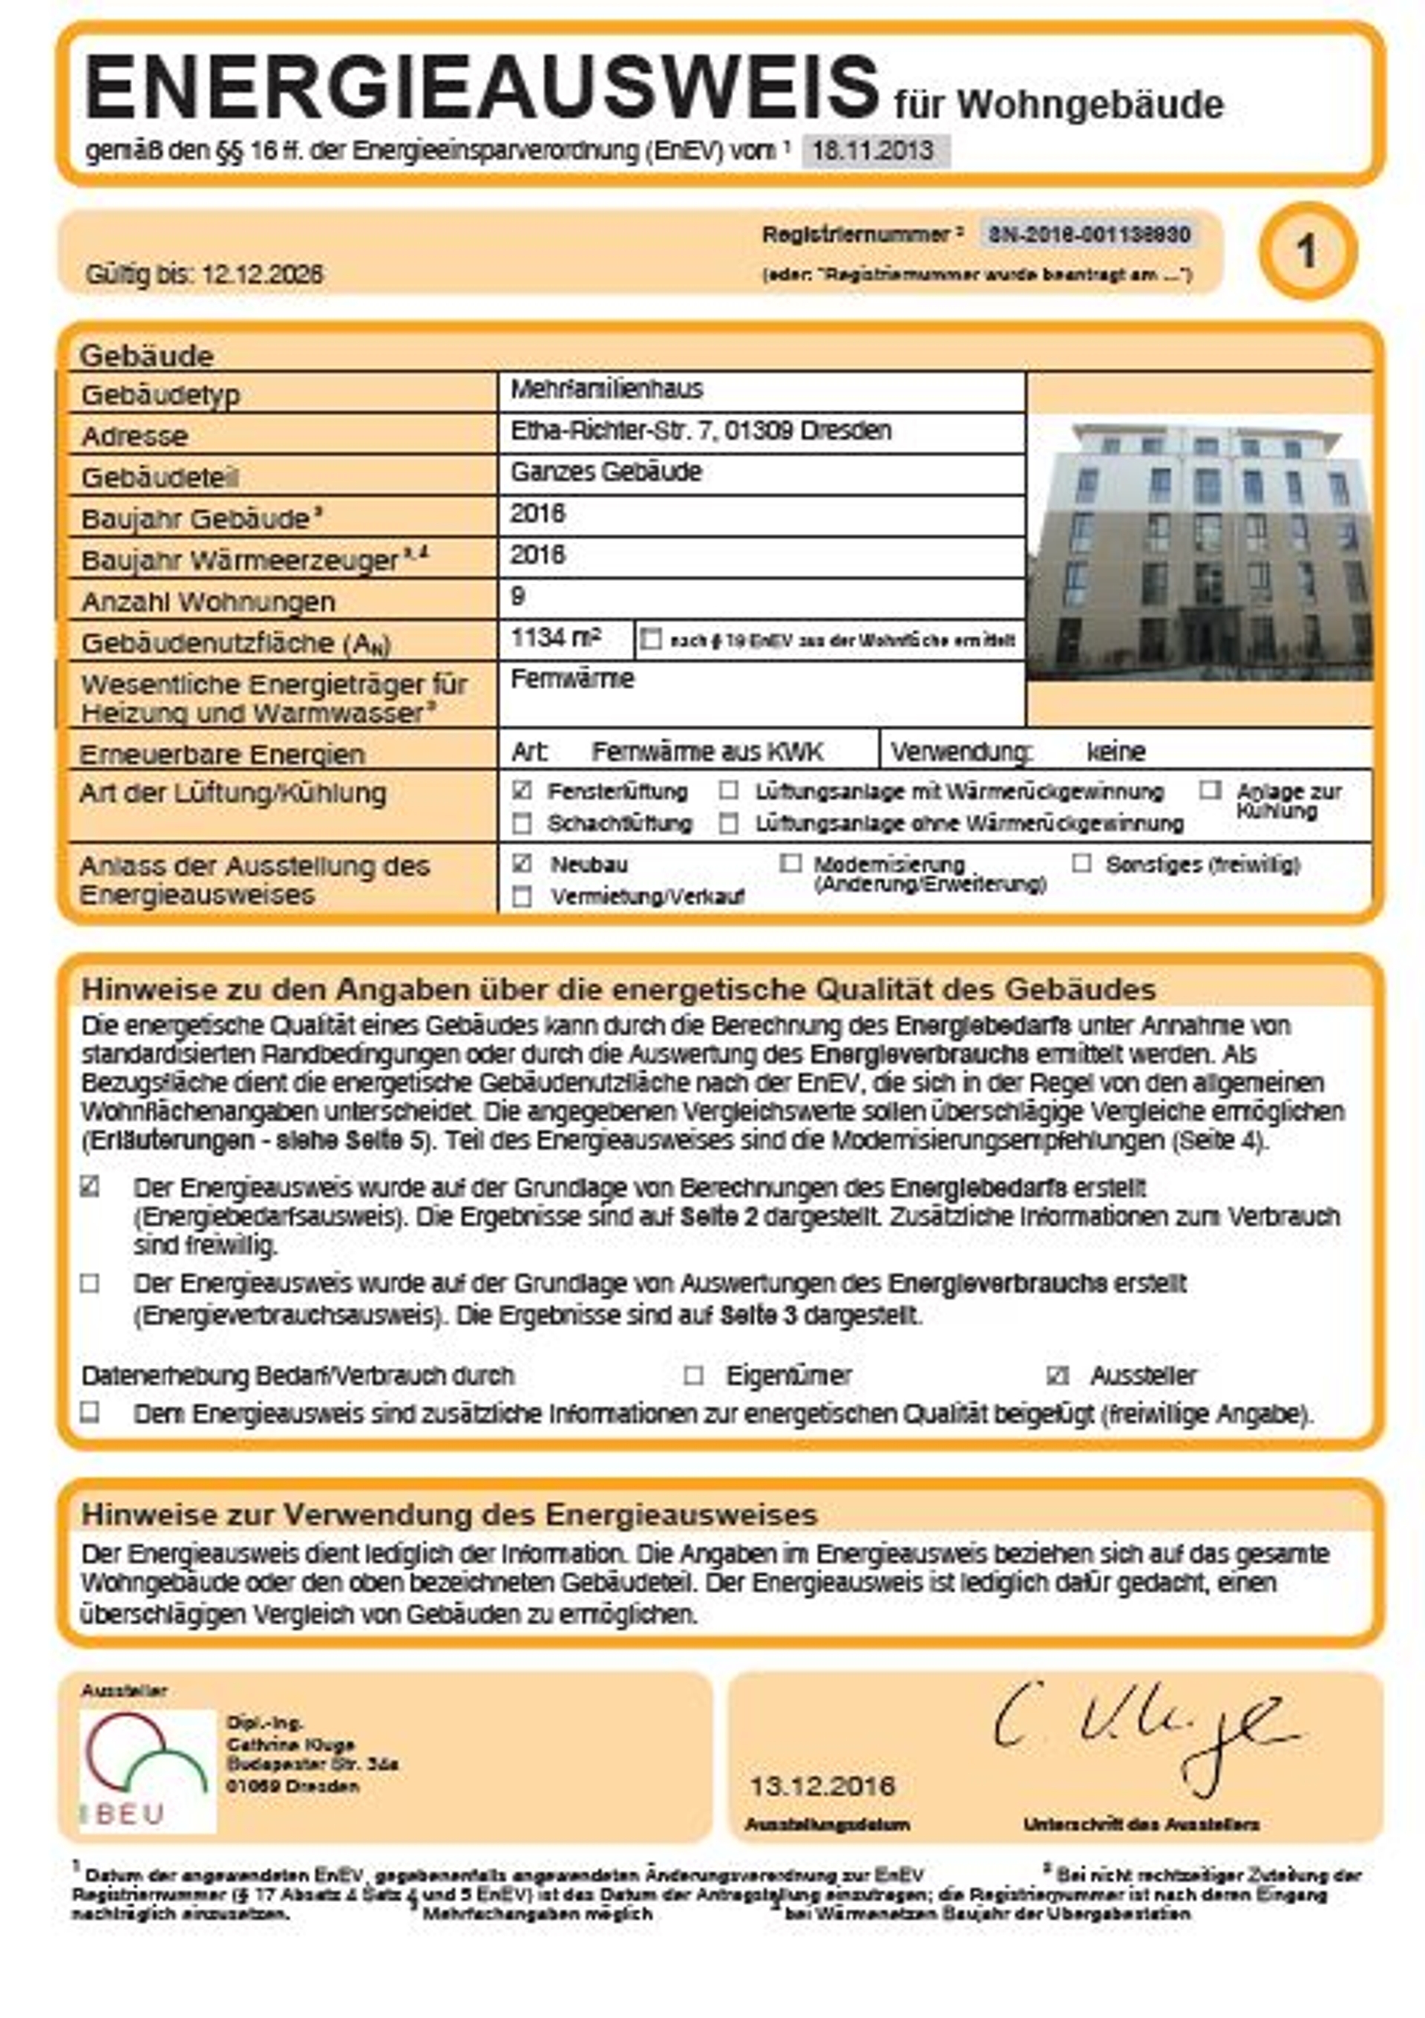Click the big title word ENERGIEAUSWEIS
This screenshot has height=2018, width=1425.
[x=482, y=88]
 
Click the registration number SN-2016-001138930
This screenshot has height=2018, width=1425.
[x=1089, y=235]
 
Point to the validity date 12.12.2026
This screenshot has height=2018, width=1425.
[x=262, y=275]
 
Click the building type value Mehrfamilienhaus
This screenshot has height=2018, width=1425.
[x=606, y=389]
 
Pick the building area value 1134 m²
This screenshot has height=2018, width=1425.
[x=555, y=638]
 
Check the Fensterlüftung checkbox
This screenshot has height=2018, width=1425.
[x=522, y=790]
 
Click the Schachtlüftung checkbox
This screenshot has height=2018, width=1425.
[x=522, y=824]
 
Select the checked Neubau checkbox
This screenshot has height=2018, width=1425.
[x=522, y=863]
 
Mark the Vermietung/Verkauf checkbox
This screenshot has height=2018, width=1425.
[x=522, y=896]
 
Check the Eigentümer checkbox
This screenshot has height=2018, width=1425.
[x=693, y=1375]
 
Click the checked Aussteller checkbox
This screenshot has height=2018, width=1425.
[x=1058, y=1375]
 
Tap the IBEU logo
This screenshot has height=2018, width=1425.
[x=148, y=1771]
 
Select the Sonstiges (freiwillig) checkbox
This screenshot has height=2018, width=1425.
[x=1081, y=863]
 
